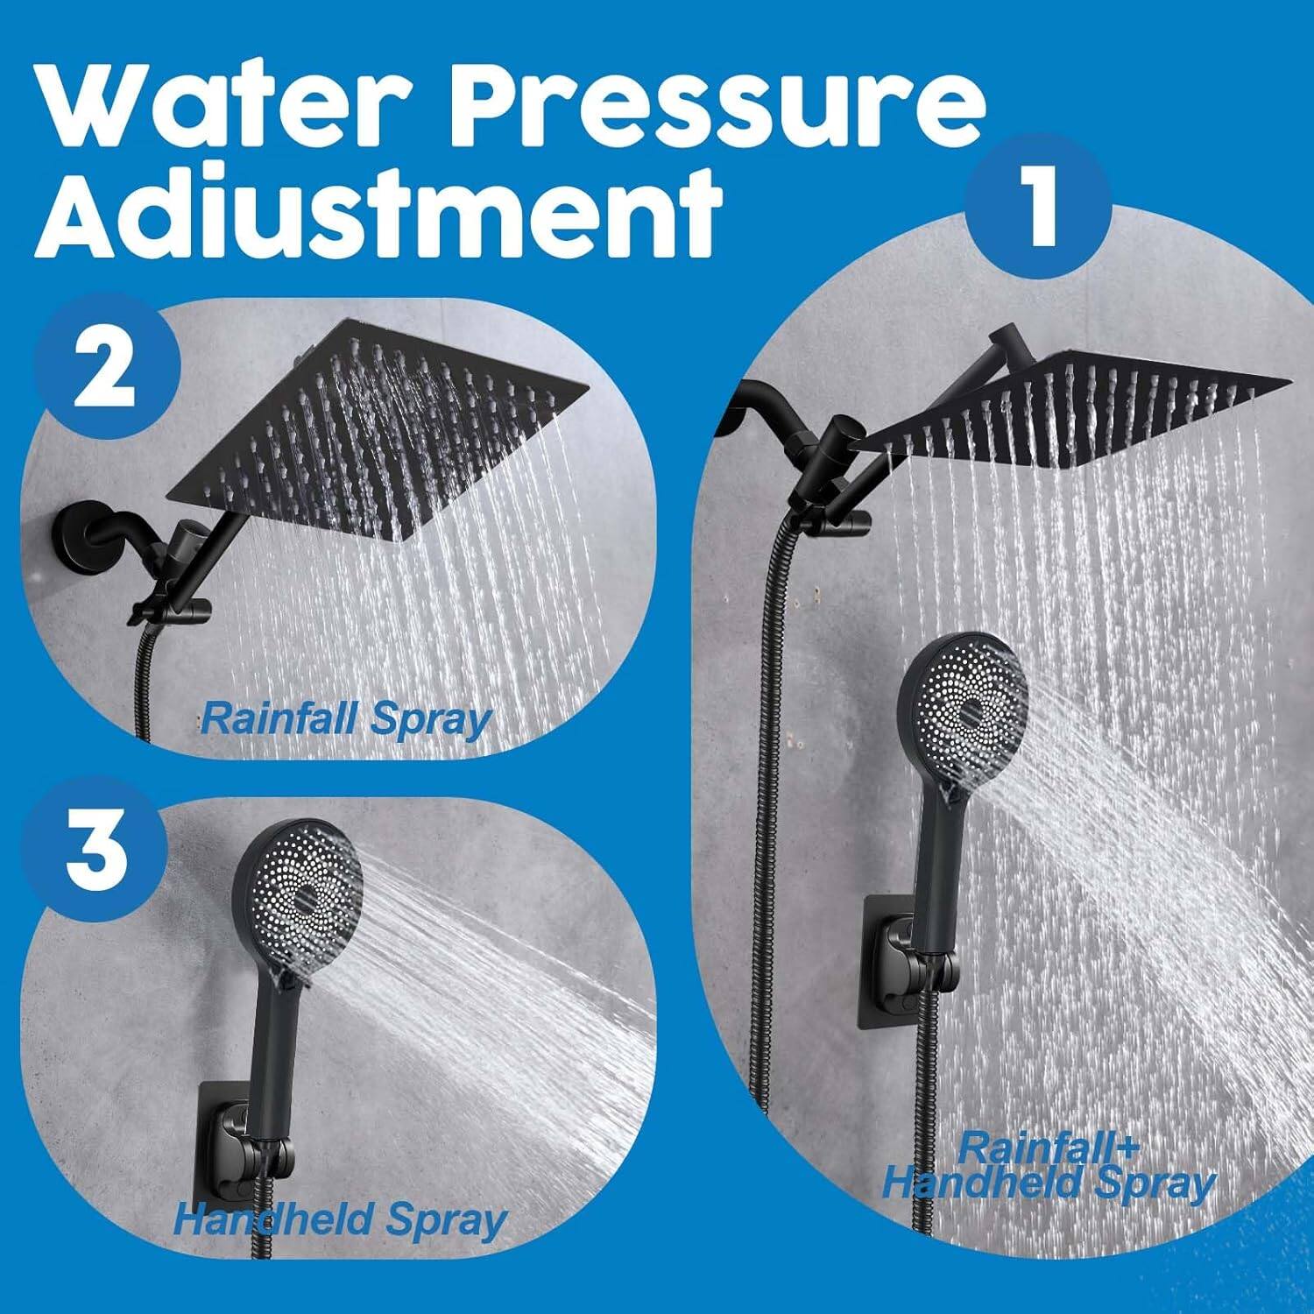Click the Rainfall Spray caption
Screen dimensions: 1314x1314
(345, 720)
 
